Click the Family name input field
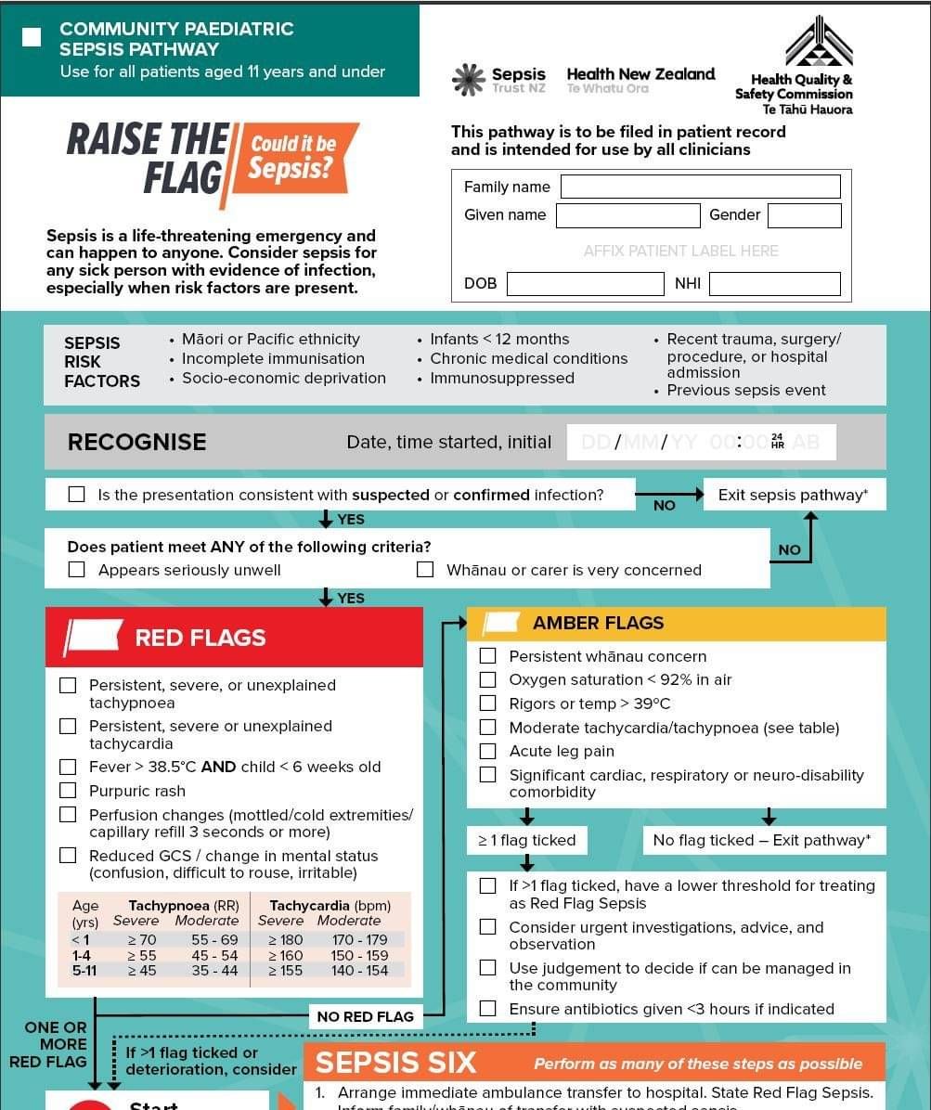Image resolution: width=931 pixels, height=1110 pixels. [x=700, y=187]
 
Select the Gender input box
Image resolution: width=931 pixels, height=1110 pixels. [x=804, y=215]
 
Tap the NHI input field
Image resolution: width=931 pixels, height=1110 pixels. [x=774, y=284]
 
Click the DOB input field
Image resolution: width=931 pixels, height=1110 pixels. [x=585, y=284]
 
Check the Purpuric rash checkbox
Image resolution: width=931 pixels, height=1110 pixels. [x=68, y=791]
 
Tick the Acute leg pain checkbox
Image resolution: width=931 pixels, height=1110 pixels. [x=487, y=751]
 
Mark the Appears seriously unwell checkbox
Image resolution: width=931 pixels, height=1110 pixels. [x=77, y=570]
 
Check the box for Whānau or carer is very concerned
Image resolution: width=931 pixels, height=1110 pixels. [x=425, y=570]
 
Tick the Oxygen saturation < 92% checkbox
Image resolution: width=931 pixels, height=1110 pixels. [x=487, y=679]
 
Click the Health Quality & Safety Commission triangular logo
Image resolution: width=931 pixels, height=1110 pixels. [x=818, y=42]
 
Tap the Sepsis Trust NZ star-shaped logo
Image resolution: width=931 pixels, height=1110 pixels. [x=469, y=80]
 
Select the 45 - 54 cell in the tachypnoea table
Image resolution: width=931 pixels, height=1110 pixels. [x=214, y=955]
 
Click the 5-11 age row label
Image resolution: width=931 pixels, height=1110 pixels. [x=84, y=971]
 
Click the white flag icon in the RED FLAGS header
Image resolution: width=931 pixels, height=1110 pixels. [x=93, y=637]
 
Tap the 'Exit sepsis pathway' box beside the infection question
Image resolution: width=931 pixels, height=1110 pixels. [x=794, y=495]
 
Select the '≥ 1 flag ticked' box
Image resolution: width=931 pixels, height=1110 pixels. [x=526, y=840]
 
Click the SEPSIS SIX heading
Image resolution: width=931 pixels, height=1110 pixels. [x=395, y=1063]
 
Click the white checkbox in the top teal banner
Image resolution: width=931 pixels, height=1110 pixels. [x=32, y=37]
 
